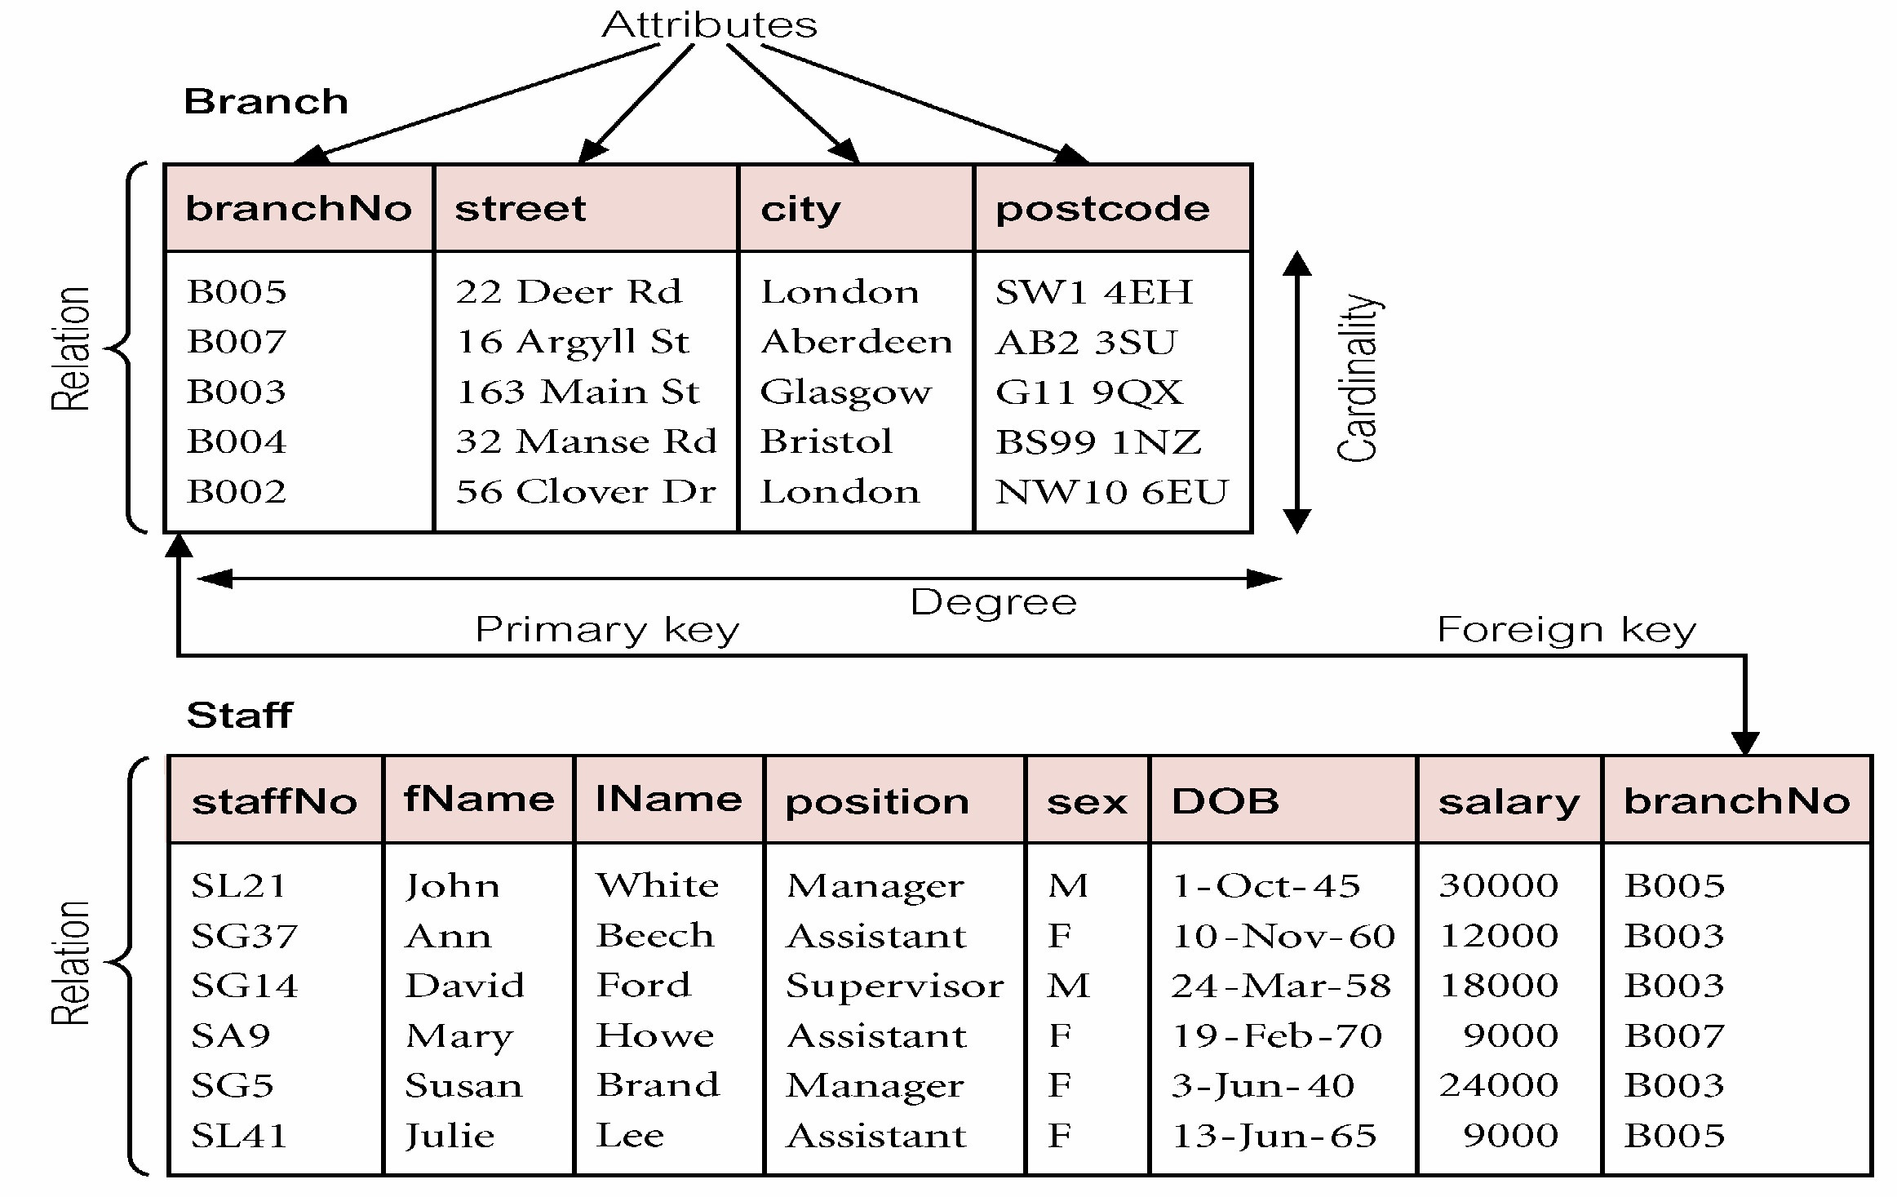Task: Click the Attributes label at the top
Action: (709, 24)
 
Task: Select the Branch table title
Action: (266, 102)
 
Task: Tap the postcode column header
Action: (1102, 209)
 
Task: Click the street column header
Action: (521, 209)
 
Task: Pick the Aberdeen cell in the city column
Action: (856, 341)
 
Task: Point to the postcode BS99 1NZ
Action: (1098, 442)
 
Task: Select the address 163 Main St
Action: (578, 392)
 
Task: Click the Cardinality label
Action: (1358, 378)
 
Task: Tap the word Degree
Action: (993, 602)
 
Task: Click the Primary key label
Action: (607, 630)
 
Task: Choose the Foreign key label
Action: (1566, 630)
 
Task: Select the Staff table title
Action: (239, 716)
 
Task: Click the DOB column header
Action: (1225, 801)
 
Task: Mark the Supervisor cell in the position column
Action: (894, 986)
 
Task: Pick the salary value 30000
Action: (1498, 885)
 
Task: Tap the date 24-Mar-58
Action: (1281, 986)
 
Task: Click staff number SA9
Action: (230, 1035)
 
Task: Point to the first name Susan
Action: (463, 1085)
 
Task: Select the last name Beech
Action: (655, 935)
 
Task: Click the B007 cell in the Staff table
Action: (1674, 1035)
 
